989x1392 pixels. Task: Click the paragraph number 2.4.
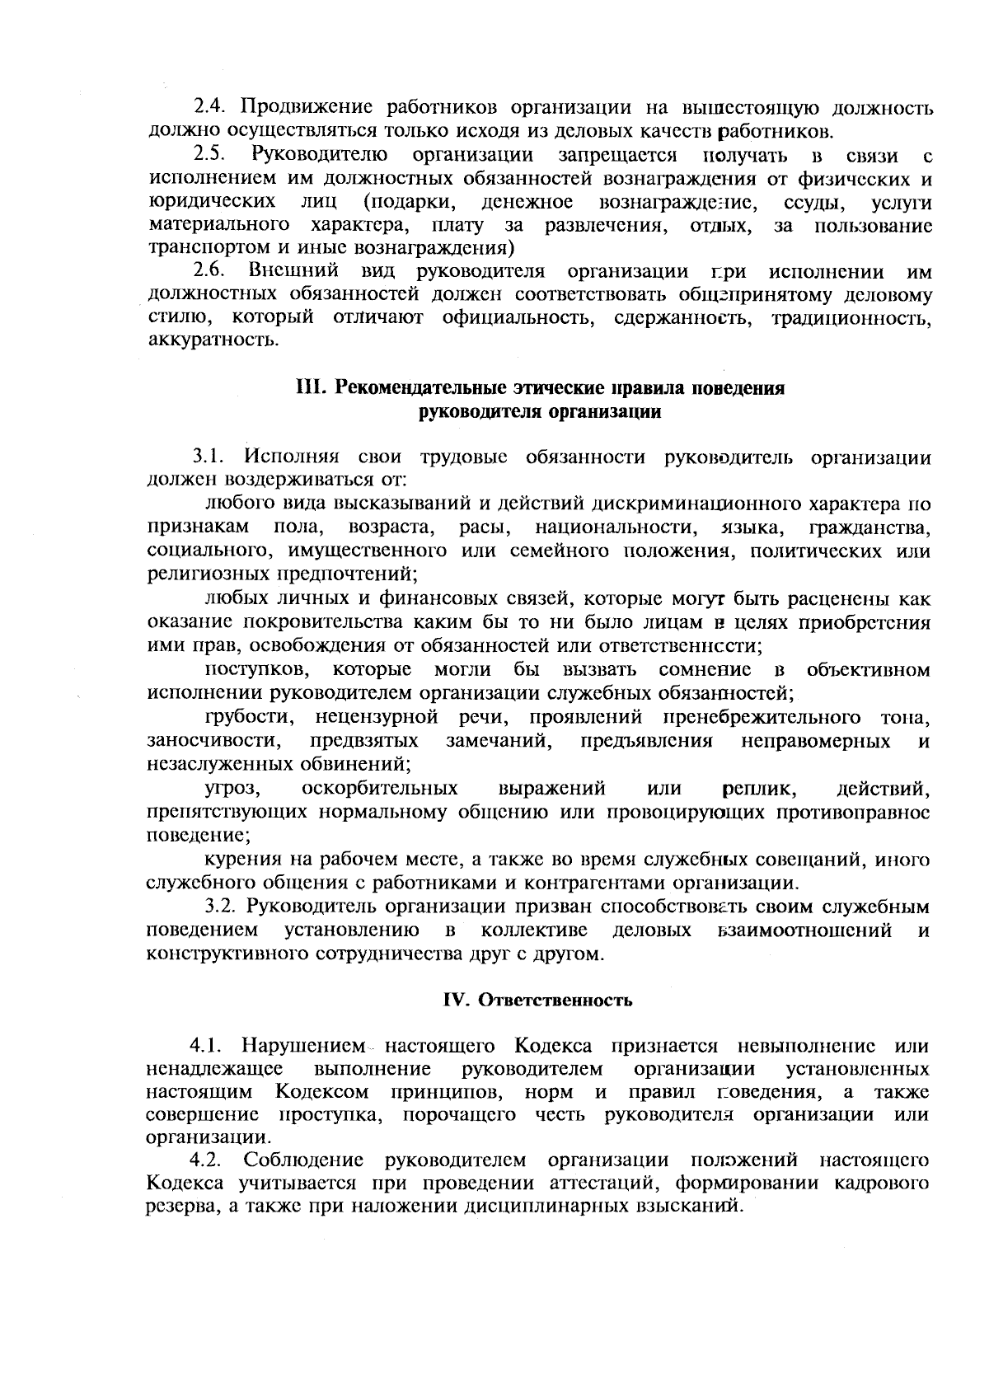coord(209,107)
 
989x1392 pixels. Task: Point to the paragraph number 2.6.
coord(209,271)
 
